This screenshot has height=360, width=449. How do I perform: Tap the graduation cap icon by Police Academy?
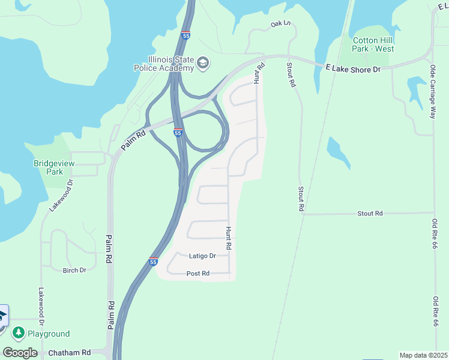(203, 62)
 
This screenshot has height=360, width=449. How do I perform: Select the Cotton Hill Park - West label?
(373, 44)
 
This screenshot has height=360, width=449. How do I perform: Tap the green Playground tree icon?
(19, 332)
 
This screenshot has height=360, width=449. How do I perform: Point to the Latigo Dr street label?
(202, 256)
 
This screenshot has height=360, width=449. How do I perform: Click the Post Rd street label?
(197, 274)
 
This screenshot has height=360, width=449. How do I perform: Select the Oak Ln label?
(280, 24)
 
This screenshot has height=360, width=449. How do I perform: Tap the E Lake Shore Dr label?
(353, 69)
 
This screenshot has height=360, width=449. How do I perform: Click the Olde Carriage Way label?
(432, 92)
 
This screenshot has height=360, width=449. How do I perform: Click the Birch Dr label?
(74, 270)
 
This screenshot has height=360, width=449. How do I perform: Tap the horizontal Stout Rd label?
(370, 214)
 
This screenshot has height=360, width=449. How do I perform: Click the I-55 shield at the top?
(185, 35)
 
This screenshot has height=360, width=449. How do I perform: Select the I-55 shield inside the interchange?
(178, 132)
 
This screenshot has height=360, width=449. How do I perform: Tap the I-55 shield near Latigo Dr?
(153, 262)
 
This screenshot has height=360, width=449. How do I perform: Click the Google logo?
(20, 353)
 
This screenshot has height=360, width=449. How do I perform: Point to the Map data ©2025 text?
(423, 355)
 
